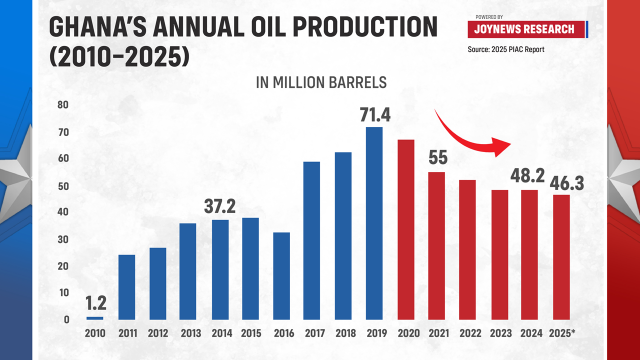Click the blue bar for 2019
[x=374, y=224]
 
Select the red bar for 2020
[x=405, y=230]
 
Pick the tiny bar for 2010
[x=95, y=318]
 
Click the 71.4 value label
[x=373, y=112]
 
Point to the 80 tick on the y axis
[x=63, y=105]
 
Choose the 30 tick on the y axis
[x=63, y=239]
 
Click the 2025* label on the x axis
[x=562, y=334]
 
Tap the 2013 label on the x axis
[x=188, y=334]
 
